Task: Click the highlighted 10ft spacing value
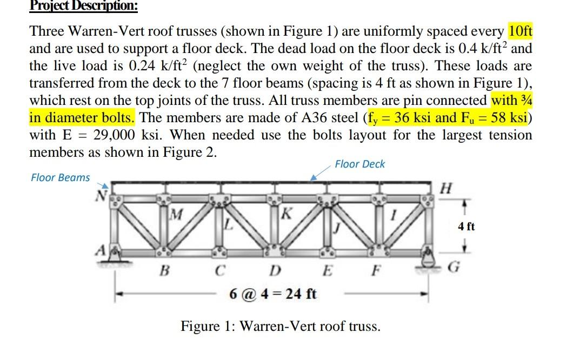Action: pyautogui.click(x=520, y=31)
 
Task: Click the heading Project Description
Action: pyautogui.click(x=83, y=6)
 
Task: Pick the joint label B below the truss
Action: pyautogui.click(x=161, y=269)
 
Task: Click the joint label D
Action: pyautogui.click(x=275, y=269)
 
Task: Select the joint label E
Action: pyautogui.click(x=327, y=269)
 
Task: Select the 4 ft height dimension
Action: pyautogui.click(x=466, y=226)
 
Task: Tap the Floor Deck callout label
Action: pyautogui.click(x=360, y=164)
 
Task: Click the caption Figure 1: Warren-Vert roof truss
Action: pyautogui.click(x=280, y=327)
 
